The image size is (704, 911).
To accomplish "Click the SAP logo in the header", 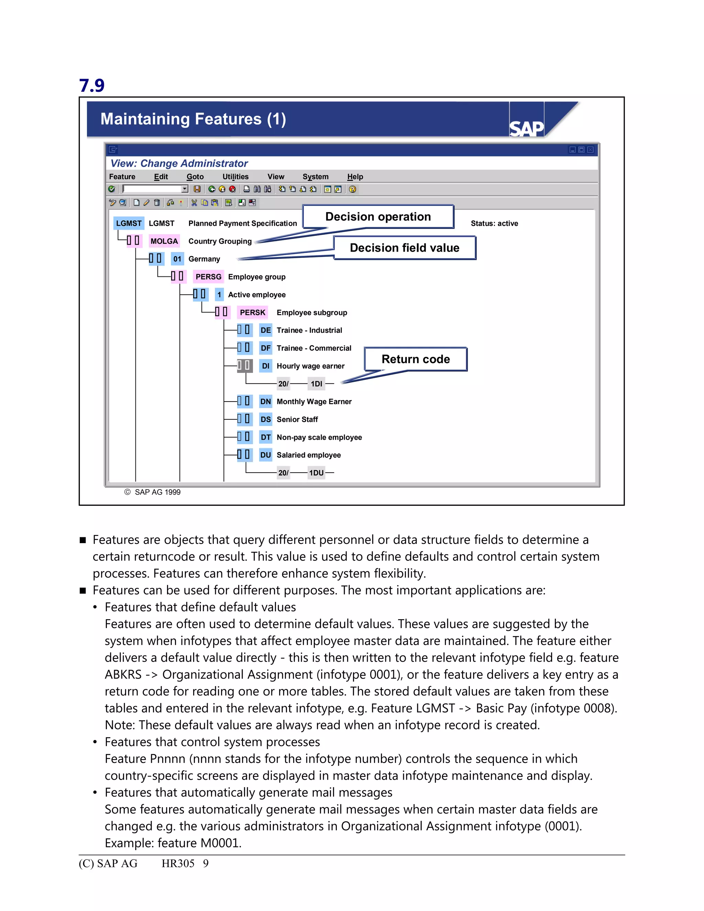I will (x=526, y=128).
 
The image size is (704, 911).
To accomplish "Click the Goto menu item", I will (x=195, y=176).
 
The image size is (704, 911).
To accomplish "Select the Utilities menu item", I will (x=235, y=176).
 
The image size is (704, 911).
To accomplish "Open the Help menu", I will (x=355, y=176).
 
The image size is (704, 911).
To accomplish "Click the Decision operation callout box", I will (x=378, y=217).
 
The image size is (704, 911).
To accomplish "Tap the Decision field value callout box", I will (x=404, y=248).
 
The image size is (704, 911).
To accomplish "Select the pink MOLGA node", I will (x=164, y=241).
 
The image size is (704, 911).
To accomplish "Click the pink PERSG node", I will (x=208, y=276).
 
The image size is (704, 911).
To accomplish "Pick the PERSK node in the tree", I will (x=252, y=312).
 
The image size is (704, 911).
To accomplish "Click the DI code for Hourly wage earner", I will (x=265, y=366).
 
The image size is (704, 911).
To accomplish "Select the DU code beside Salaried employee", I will (x=265, y=455).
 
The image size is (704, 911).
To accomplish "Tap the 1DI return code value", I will (x=316, y=384).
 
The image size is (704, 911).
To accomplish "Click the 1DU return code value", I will (x=316, y=473).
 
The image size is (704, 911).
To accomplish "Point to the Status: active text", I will (x=494, y=223).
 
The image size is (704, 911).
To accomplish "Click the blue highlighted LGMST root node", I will (x=129, y=223).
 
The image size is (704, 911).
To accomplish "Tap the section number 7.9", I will (x=92, y=86).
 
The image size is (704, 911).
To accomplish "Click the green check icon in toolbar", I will (x=112, y=189).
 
